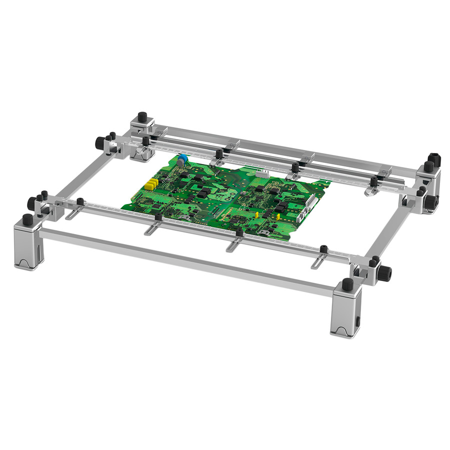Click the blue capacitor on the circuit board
coord(182,158)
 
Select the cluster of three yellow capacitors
coord(151,184)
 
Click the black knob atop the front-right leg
coord(348,284)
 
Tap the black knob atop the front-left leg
coord(27,219)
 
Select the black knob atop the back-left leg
coord(142,117)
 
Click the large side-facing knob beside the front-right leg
coord(385,273)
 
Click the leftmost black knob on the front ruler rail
coord(79,202)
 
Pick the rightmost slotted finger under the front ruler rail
coord(319,261)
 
